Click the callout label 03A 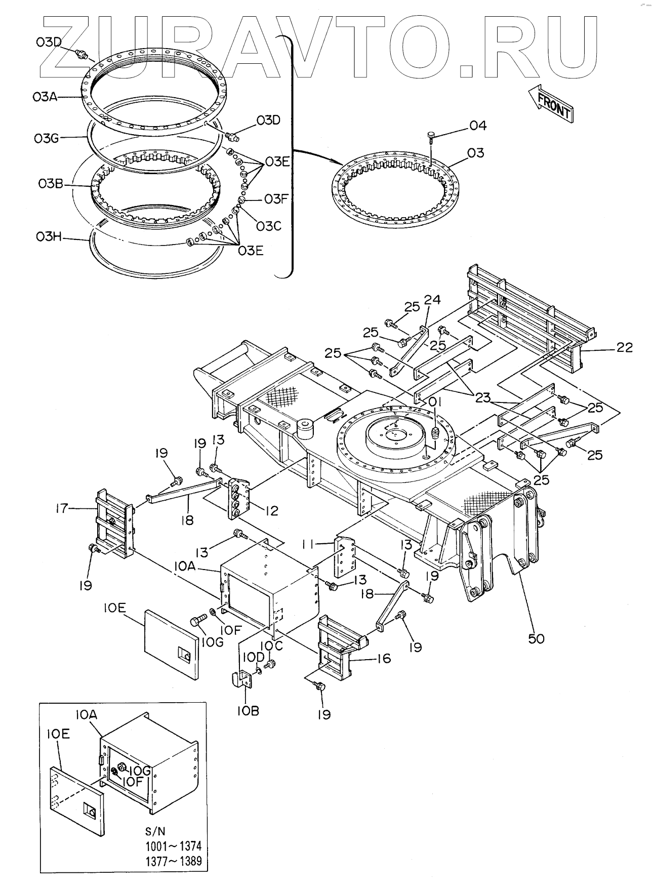(45, 96)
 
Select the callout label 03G (47, 138)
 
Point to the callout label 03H (49, 236)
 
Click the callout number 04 (477, 125)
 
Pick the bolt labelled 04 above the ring (430, 138)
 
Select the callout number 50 (536, 638)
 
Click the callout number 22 (624, 347)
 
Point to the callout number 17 (61, 508)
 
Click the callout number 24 (432, 300)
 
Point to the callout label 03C (268, 226)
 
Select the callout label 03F (276, 199)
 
